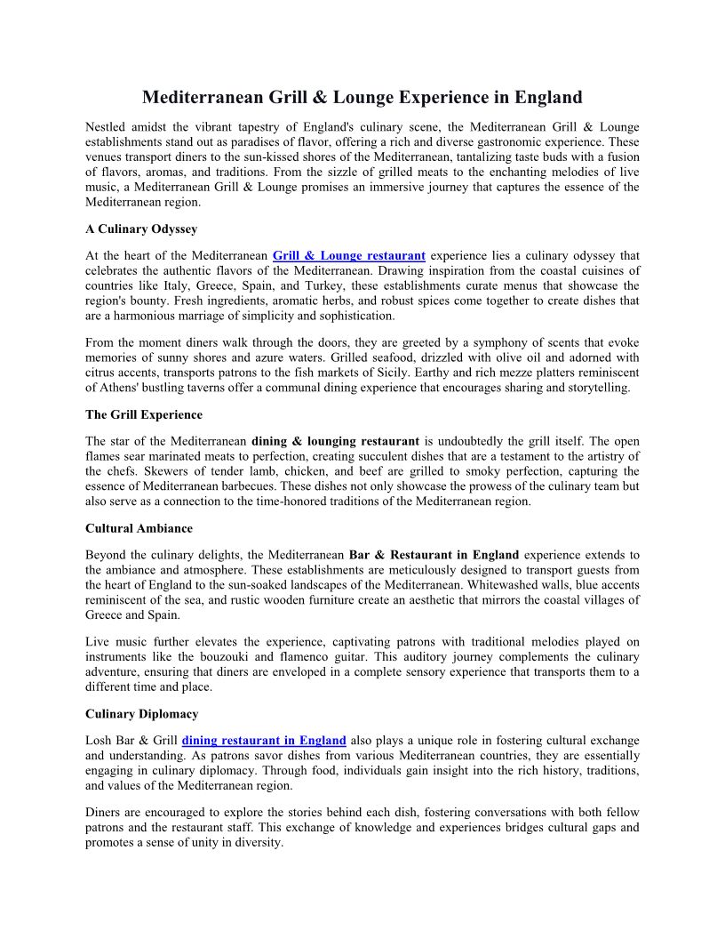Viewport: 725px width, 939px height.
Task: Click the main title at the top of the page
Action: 362,97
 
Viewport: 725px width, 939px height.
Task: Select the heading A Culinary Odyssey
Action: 141,229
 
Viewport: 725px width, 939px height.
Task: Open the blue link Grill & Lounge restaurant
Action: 349,256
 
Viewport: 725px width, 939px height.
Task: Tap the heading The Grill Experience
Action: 144,414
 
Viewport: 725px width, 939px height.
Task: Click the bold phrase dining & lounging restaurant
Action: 335,441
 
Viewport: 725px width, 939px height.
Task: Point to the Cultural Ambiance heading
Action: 139,528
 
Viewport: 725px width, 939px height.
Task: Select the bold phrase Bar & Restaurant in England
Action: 434,555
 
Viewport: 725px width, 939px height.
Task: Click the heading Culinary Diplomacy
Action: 142,714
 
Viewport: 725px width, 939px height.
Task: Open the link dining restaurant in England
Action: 264,741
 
